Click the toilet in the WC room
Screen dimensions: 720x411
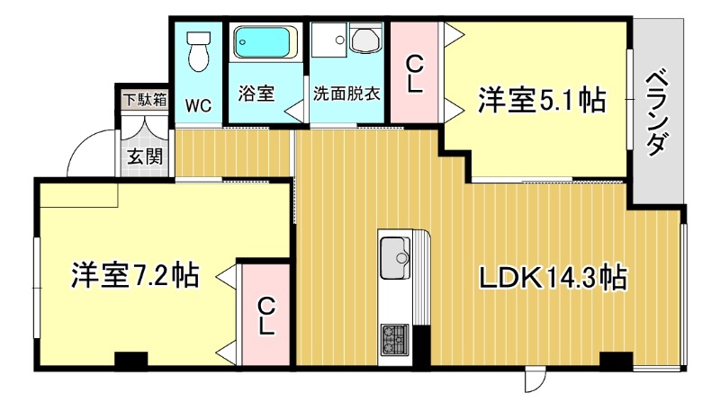198,50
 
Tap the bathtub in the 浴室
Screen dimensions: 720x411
262,42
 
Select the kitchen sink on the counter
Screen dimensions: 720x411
395,258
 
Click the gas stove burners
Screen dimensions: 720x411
394,340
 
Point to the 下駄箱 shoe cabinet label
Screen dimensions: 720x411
146,100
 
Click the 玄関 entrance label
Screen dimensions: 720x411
145,156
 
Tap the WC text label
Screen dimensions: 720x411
198,106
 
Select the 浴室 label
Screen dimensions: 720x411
256,94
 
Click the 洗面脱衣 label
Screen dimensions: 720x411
346,94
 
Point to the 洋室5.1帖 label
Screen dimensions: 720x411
542,100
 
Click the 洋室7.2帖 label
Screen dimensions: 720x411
135,275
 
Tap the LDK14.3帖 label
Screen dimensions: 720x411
553,277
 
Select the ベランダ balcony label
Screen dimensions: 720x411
657,112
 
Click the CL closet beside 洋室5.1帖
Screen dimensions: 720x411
414,74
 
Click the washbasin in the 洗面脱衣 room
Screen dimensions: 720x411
366,39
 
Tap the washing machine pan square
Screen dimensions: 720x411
328,40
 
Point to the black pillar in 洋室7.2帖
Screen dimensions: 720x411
131,359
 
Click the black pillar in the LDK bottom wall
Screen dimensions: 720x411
616,359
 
